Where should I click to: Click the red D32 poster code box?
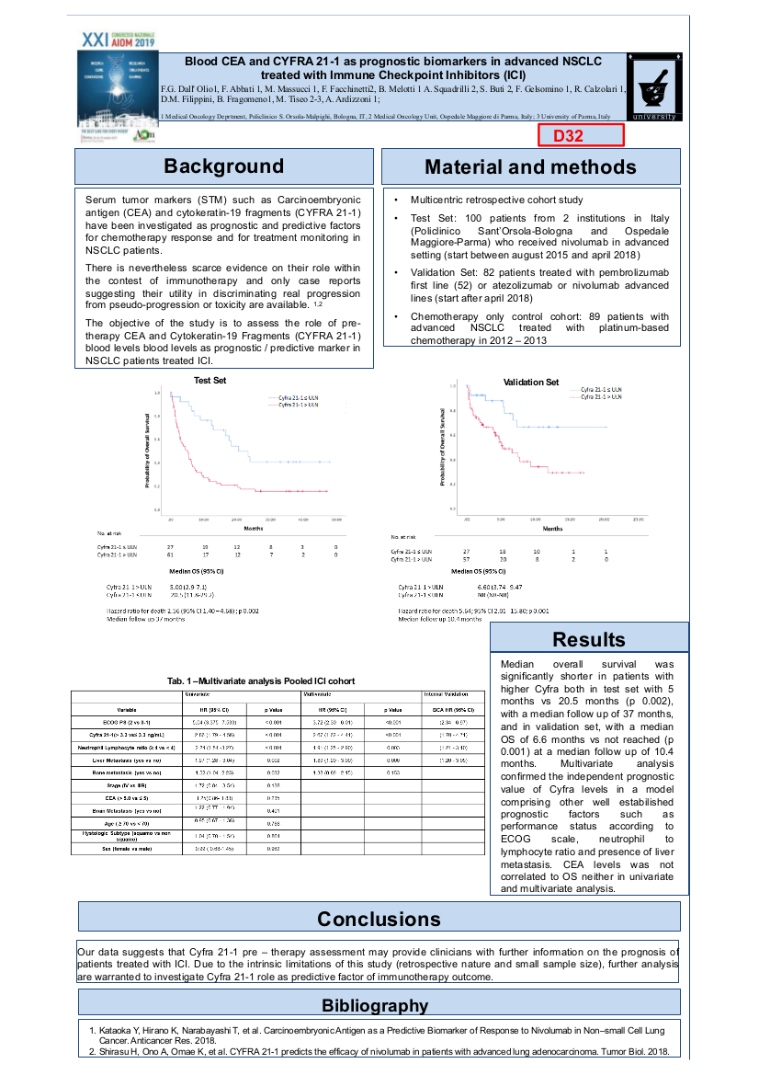click(x=581, y=135)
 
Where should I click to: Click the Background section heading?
click(x=223, y=166)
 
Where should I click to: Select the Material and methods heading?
click(x=530, y=167)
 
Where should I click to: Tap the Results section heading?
click(x=589, y=639)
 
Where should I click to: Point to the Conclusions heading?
click(x=379, y=920)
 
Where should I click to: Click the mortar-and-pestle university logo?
click(x=653, y=85)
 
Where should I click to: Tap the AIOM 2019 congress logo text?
click(x=119, y=40)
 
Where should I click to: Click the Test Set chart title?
click(x=210, y=380)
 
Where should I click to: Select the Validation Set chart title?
click(x=530, y=382)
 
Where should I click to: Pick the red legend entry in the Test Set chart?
click(x=294, y=404)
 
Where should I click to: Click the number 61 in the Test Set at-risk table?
click(x=172, y=555)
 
